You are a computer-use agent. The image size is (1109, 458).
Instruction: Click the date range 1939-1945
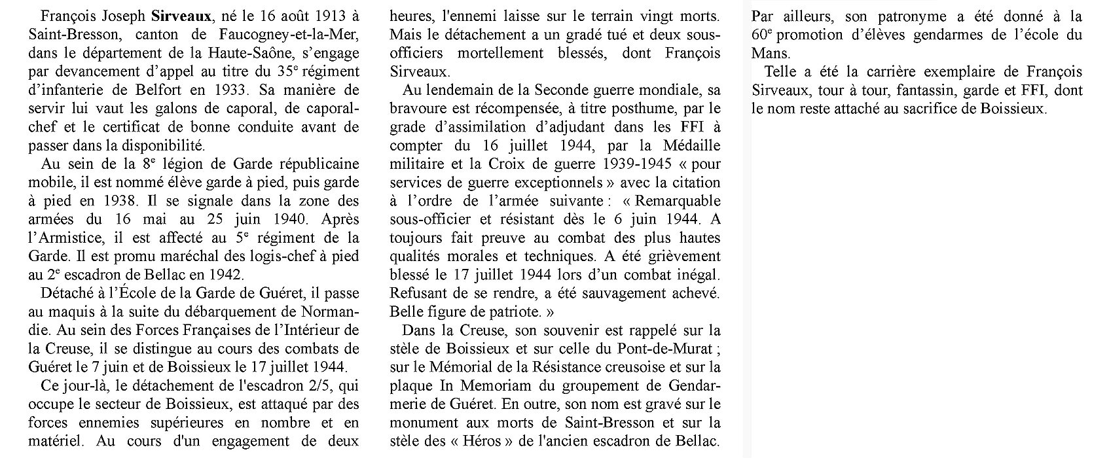pos(634,162)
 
